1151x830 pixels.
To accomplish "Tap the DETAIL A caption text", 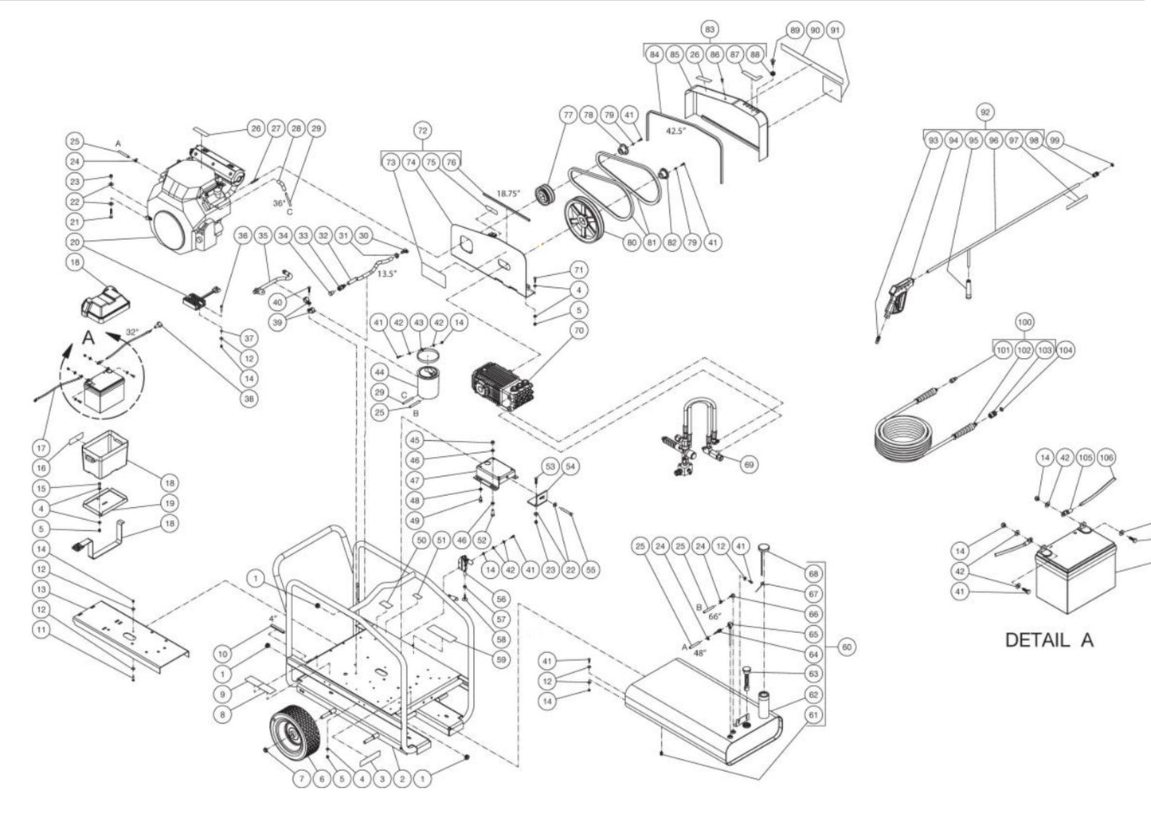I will point(1048,639).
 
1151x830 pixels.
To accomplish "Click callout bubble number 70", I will point(579,329).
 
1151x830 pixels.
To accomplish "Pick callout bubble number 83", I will point(710,30).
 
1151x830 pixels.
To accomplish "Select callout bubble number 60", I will point(847,647).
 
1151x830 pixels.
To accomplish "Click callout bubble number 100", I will point(1025,323).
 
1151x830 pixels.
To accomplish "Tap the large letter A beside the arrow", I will point(88,339).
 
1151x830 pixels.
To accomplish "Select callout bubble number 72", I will point(423,129).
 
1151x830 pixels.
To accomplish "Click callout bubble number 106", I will point(1106,458).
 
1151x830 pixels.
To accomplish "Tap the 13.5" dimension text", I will point(386,273).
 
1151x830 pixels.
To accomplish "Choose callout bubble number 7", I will point(300,778).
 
